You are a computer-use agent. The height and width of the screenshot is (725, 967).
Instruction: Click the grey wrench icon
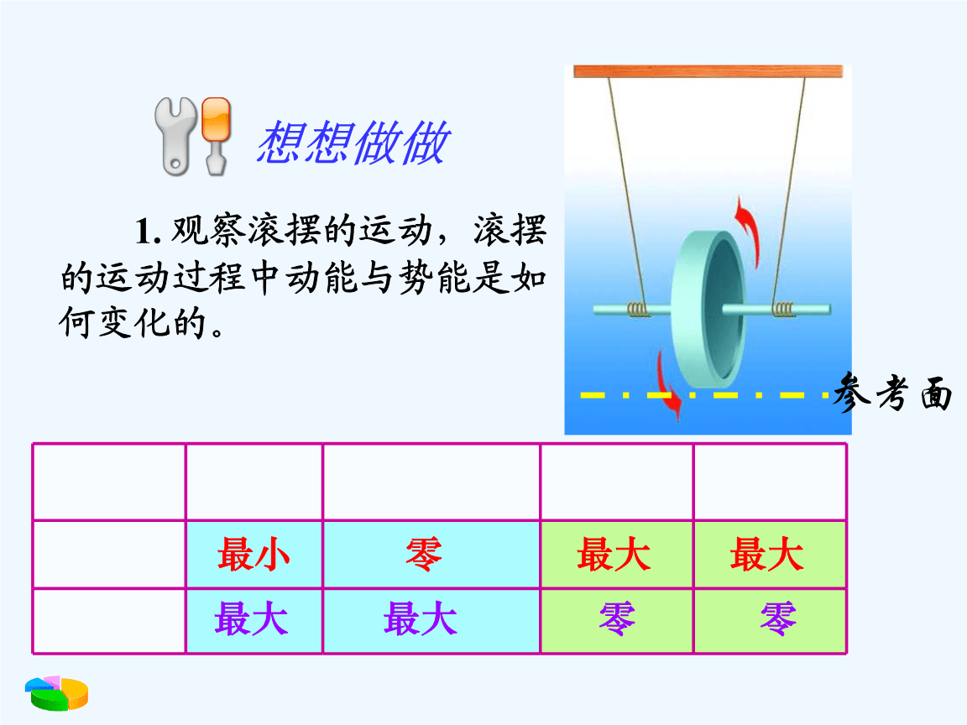[175, 137]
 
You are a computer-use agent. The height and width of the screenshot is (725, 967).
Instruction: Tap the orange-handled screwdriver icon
[216, 136]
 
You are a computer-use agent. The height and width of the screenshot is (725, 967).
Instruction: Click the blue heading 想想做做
[353, 143]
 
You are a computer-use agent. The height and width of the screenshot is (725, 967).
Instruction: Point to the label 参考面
[893, 392]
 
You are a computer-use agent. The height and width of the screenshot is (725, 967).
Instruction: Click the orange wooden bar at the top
[708, 71]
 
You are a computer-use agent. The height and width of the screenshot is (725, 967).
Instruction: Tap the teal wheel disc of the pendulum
[709, 308]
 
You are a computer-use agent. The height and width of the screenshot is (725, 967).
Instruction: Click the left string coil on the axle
[638, 309]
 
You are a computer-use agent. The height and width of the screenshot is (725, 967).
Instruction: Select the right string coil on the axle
[784, 309]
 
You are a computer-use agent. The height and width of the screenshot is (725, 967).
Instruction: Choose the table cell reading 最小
[254, 554]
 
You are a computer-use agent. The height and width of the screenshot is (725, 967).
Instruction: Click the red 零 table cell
[424, 554]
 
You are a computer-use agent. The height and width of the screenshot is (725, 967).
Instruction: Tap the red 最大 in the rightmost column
[766, 554]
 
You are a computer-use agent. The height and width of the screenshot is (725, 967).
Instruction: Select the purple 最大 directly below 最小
[252, 619]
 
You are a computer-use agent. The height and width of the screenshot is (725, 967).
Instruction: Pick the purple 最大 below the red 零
[421, 619]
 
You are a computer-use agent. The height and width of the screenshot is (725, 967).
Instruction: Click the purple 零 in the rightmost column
[778, 619]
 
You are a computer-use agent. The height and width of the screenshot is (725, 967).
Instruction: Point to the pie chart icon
[57, 693]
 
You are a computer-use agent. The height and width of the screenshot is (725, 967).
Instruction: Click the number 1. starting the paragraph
[149, 232]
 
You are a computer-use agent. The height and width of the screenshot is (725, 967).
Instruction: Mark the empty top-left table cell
[109, 482]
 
